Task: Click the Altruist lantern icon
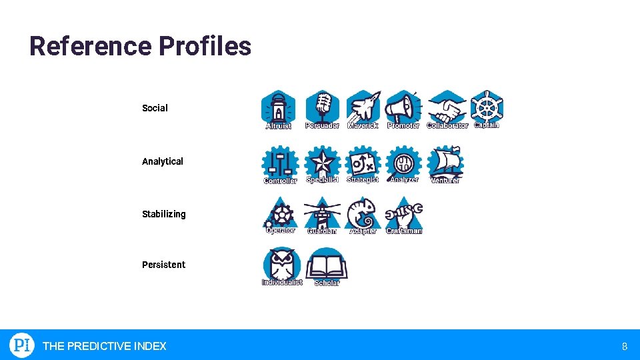point(278,107)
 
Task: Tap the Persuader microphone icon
point(323,107)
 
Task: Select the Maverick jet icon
point(363,107)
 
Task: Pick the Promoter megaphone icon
point(403,107)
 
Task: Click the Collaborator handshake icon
point(447,107)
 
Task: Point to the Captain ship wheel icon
point(487,106)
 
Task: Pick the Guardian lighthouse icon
point(322,213)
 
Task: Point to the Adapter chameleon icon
point(363,213)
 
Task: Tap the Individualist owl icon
point(281,264)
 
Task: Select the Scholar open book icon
point(327,265)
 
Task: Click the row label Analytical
point(163,161)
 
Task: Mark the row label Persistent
point(163,265)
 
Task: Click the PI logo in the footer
point(21,345)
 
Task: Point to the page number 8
point(625,346)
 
